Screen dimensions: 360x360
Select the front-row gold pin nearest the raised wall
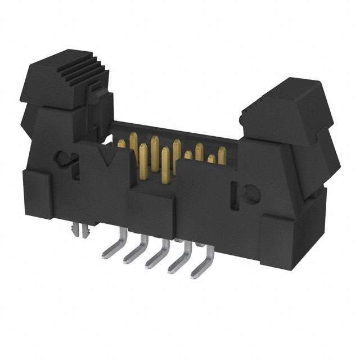(x=164, y=166)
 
